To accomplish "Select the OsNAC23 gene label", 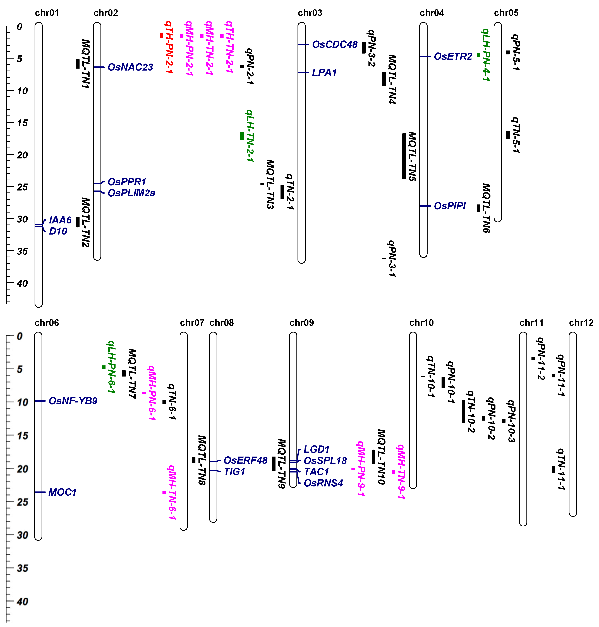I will (130, 67).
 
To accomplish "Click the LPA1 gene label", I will (324, 73).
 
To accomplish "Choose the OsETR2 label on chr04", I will (453, 56).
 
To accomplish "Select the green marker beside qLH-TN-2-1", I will (242, 136).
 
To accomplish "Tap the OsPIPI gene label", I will (450, 206).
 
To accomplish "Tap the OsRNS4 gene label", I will (323, 483).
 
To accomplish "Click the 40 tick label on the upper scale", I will (22, 283).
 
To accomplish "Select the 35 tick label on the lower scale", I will (22, 568).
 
